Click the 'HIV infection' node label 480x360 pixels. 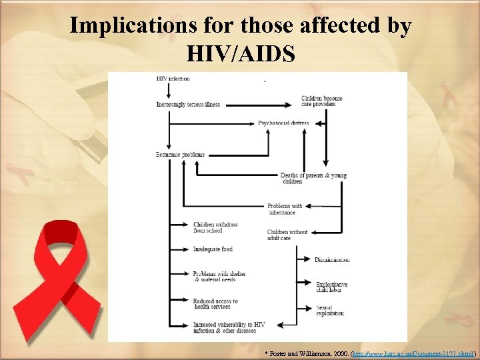pos(173,79)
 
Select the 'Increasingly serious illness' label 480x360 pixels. pos(188,105)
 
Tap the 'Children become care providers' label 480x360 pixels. pos(321,101)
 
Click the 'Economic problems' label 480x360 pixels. pos(180,155)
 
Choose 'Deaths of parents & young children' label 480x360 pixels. pos(313,178)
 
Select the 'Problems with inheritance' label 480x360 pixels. pos(285,209)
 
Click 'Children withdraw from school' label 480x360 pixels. pos(215,227)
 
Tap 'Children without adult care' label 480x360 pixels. pos(287,235)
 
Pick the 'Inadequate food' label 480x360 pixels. pos(213,249)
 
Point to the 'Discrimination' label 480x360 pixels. pos(332,259)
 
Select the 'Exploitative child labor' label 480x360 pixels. pos(331,287)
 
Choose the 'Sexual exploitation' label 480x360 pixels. pos(329,311)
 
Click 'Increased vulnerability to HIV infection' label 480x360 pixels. pos(229,327)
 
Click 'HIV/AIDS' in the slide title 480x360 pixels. pos(241,53)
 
